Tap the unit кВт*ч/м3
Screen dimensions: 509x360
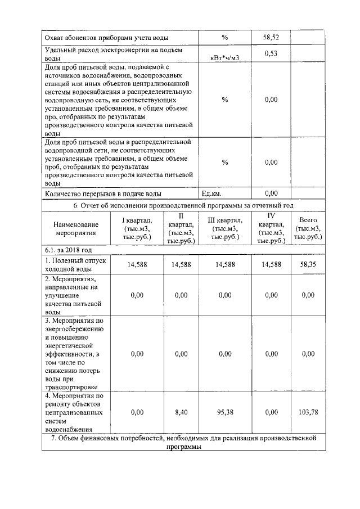point(224,58)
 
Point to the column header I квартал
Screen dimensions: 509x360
point(137,229)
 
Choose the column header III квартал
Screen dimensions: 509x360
point(224,229)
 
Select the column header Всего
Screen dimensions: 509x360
point(308,228)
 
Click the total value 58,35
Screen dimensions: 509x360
point(308,264)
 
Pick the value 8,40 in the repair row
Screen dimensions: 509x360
point(181,412)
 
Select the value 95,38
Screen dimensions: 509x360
point(224,412)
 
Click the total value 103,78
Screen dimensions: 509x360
point(308,412)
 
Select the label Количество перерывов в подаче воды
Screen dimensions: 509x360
point(103,194)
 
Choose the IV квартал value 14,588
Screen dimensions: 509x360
point(271,264)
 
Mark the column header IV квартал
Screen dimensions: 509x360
point(271,228)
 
